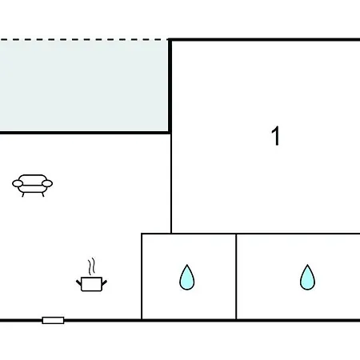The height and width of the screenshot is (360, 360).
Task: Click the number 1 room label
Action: tap(276, 136)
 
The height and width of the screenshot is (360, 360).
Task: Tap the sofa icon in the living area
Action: tap(32, 186)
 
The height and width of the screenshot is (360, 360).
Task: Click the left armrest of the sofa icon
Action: tap(18, 183)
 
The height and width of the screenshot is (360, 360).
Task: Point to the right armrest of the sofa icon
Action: tap(47, 183)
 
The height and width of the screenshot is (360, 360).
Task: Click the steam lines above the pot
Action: tap(92, 266)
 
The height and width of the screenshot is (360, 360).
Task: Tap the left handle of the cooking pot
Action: tap(78, 282)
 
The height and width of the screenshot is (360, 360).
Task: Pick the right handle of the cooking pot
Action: tap(104, 282)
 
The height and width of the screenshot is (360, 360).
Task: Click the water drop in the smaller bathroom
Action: tap(187, 278)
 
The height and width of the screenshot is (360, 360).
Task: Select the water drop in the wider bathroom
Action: tap(307, 278)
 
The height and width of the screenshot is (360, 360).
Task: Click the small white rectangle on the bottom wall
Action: tap(53, 320)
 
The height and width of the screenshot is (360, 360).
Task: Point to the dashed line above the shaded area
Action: tap(84, 40)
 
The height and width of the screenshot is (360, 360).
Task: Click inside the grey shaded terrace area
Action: tap(84, 86)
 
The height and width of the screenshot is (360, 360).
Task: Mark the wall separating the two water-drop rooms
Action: tap(236, 277)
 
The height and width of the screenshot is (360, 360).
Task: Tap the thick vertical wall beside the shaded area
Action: tap(170, 86)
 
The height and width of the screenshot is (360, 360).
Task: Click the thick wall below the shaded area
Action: tap(85, 133)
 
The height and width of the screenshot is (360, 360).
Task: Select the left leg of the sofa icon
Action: tap(23, 194)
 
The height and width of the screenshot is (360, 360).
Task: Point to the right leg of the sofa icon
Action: tap(43, 194)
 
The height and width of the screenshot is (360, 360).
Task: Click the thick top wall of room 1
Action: tap(264, 40)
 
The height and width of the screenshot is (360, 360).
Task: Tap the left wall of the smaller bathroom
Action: tap(142, 277)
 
